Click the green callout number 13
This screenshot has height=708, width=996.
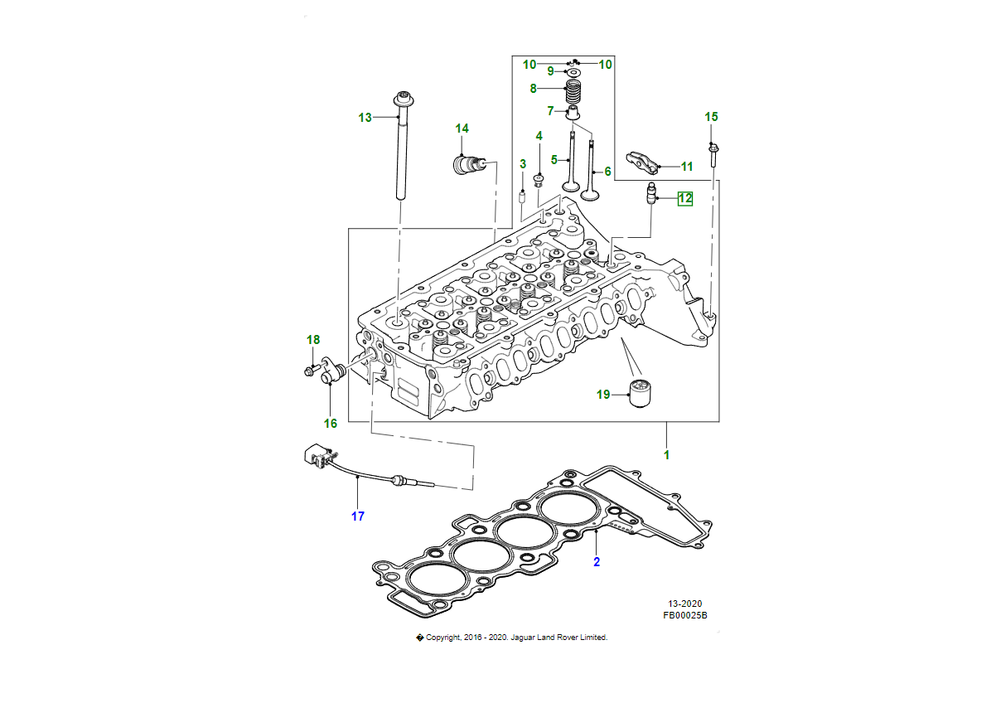coord(365,118)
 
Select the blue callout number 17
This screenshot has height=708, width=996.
coord(357,516)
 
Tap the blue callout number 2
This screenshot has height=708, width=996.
coord(595,562)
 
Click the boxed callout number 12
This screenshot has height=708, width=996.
coord(685,198)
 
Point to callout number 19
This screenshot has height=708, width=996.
coord(603,395)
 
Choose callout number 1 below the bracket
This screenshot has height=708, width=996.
coord(667,454)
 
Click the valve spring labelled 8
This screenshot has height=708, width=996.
coord(573,87)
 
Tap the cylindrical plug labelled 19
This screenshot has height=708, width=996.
coord(641,393)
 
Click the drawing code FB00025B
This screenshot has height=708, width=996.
coord(684,616)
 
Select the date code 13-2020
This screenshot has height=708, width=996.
coord(685,604)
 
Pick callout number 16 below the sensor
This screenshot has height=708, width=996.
coord(331,423)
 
